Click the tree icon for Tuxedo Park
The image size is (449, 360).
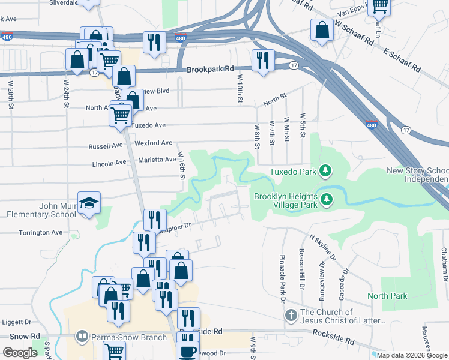[325, 172]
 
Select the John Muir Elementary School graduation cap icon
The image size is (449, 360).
[89, 203]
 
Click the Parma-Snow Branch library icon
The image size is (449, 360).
[83, 337]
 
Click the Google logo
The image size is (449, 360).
[20, 353]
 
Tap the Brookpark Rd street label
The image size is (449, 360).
[209, 70]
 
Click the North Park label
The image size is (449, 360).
[387, 296]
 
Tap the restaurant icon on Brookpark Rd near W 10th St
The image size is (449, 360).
[262, 60]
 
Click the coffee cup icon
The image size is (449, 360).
[188, 351]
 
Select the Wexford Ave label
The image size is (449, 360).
[154, 143]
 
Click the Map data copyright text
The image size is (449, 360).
[412, 355]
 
